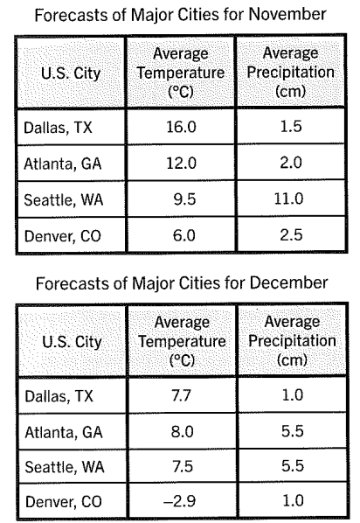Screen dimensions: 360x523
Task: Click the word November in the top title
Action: click(x=287, y=15)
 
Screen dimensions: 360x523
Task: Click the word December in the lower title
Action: click(x=288, y=283)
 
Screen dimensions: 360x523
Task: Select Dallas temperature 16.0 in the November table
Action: click(x=181, y=127)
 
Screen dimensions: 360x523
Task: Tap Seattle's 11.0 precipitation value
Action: click(x=288, y=199)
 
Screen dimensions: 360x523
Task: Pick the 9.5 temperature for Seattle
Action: click(x=184, y=199)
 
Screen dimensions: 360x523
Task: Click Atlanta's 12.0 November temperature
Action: click(x=182, y=163)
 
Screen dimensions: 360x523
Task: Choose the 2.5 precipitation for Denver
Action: click(x=291, y=234)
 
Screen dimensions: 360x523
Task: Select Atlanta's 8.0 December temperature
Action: click(x=182, y=432)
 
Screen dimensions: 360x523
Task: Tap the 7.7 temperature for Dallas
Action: click(x=181, y=395)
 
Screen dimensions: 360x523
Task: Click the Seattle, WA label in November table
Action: click(x=63, y=199)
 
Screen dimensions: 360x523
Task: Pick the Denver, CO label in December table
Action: click(x=63, y=502)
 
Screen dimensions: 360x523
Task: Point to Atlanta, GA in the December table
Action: click(x=63, y=432)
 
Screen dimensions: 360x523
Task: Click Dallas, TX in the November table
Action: click(x=58, y=128)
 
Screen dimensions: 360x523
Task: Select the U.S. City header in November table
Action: click(x=70, y=73)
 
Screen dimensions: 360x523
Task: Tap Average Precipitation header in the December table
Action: click(x=292, y=341)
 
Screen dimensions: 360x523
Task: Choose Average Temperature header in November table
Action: click(x=181, y=73)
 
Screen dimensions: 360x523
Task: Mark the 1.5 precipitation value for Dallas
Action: click(x=291, y=127)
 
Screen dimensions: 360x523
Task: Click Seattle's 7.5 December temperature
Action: click(x=183, y=466)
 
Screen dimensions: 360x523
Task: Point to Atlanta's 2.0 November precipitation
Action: click(x=291, y=163)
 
